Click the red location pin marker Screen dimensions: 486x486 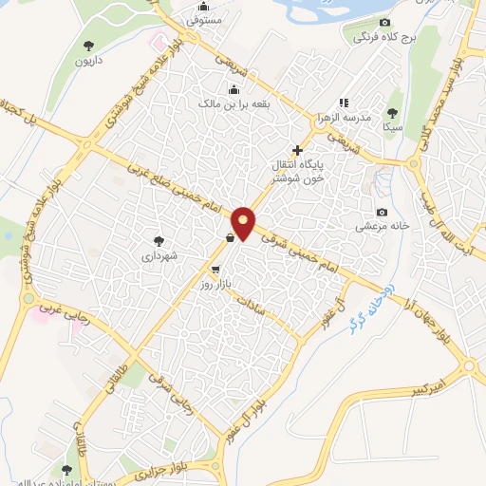click(244, 222)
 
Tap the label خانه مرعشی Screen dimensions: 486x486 click(382, 227)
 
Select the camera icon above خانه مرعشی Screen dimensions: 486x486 click(382, 212)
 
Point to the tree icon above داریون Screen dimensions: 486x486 click(88, 45)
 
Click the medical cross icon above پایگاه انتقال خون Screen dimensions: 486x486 click(298, 150)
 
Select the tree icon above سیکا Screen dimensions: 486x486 click(392, 111)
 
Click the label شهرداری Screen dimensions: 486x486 click(159, 255)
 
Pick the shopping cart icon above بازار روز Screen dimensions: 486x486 click(215, 270)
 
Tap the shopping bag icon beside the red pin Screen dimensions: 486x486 click(230, 238)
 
